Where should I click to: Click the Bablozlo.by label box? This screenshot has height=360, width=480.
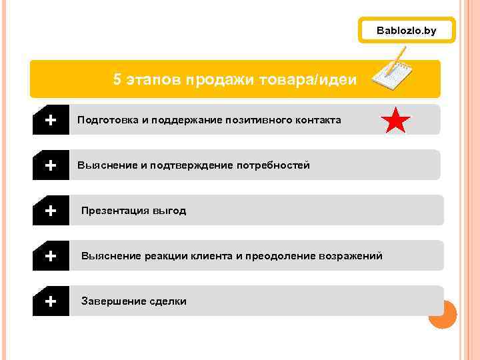pos(406,31)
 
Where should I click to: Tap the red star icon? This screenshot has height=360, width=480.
pos(395,121)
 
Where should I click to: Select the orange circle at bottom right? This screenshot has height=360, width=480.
pos(442,314)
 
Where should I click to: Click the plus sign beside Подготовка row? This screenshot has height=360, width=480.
pos(50,120)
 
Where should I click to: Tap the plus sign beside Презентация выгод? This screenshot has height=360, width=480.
pos(50,211)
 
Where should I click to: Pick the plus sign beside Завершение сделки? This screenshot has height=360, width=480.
pos(50,301)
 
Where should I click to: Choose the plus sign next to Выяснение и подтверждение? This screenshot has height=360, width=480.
pos(50,165)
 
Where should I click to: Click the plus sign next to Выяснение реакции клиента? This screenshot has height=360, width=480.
pos(50,256)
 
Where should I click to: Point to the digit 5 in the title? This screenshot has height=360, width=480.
pos(117,80)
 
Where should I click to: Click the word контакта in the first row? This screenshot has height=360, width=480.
pos(316,120)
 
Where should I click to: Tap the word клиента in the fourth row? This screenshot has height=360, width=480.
pos(211,256)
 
